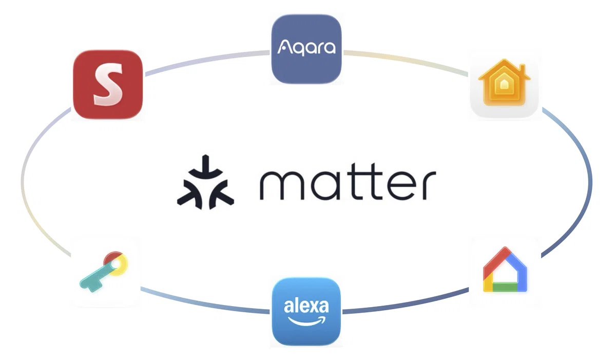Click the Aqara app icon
306,49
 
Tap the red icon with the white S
108,85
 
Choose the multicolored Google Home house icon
505,270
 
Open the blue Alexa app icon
306,311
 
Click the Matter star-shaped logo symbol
205,182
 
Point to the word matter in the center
348,181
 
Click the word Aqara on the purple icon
306,48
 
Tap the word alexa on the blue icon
306,306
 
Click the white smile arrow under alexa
306,320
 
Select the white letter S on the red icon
108,84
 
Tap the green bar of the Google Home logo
505,287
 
